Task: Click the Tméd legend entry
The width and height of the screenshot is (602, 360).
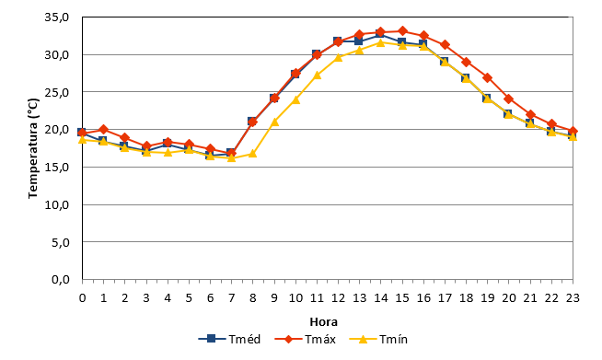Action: pos(229,339)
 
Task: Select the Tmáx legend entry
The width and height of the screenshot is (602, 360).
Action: pos(306,339)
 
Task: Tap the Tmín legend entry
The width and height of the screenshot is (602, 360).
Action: pos(378,339)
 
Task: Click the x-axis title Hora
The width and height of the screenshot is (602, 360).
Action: pos(324,321)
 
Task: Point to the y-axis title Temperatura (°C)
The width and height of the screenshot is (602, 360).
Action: pos(33,148)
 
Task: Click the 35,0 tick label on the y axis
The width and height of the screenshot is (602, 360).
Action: pos(56,17)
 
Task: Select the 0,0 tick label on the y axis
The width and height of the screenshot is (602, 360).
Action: pos(60,279)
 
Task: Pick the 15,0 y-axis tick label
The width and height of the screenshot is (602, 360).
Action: pos(56,168)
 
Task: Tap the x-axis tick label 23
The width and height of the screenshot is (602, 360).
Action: pos(573,297)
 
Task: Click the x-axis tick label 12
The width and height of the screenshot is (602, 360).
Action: pos(338,297)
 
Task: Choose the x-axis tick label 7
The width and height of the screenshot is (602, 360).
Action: pos(232,297)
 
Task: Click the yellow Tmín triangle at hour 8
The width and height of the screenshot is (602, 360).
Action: pos(252,154)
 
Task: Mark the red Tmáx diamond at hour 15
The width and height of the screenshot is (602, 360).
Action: pos(402,30)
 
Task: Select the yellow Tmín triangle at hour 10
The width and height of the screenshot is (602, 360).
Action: pos(295,99)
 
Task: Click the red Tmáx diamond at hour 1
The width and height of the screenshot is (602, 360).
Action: pos(103,130)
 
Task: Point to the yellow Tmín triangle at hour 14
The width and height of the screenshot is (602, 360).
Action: pos(380,42)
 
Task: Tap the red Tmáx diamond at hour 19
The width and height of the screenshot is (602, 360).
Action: pos(488,77)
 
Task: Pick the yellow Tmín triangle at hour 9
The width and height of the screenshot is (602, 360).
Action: pos(274,122)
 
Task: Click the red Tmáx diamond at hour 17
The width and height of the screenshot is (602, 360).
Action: pos(445,44)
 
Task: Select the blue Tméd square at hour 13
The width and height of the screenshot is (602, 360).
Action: pos(359,41)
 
